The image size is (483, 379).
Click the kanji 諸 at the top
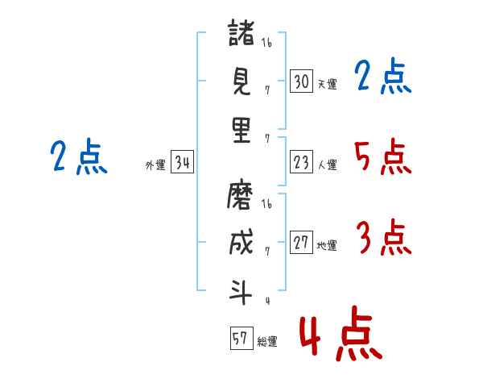[242, 35]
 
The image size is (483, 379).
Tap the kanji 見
[242, 81]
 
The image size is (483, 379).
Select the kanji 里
[242, 128]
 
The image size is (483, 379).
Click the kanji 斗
[242, 290]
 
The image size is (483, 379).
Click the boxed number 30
[301, 81]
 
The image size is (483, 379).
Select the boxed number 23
[301, 163]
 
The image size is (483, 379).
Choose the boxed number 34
[182, 164]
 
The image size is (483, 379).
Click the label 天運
[327, 84]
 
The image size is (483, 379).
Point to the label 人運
[327, 165]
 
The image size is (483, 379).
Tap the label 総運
[267, 341]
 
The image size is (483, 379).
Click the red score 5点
[382, 157]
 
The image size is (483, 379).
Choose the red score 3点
[383, 238]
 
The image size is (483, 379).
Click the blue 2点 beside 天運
[382, 77]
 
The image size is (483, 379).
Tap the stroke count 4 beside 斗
[266, 302]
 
